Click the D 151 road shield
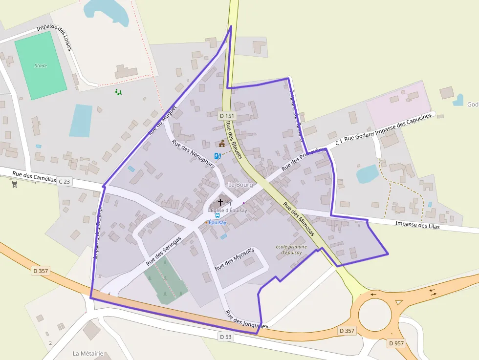point(227,116)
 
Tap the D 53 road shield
point(225,337)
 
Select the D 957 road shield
point(396,343)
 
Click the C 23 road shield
point(65,182)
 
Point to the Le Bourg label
point(240,185)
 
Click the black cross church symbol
point(220,202)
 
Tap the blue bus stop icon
point(218,215)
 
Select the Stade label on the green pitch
point(41,66)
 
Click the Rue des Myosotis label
point(235,259)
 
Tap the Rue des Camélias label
point(34,176)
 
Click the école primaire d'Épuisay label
point(291,250)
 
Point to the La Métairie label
point(87,353)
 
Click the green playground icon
point(118,92)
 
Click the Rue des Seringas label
point(163,251)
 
